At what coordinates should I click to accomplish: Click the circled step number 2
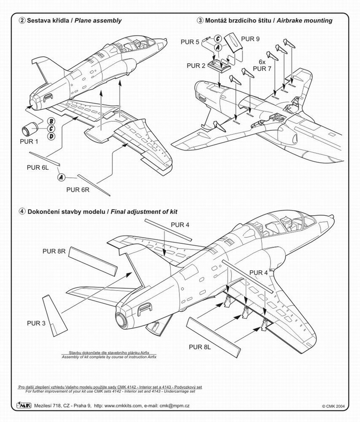pos(22,21)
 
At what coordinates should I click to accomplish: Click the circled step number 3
pos(200,21)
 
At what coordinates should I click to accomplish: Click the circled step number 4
pos(22,211)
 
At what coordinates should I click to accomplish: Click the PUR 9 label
pos(250,39)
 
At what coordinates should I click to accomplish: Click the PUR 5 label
pos(190,42)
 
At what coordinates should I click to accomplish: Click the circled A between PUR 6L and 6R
pos(61,177)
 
